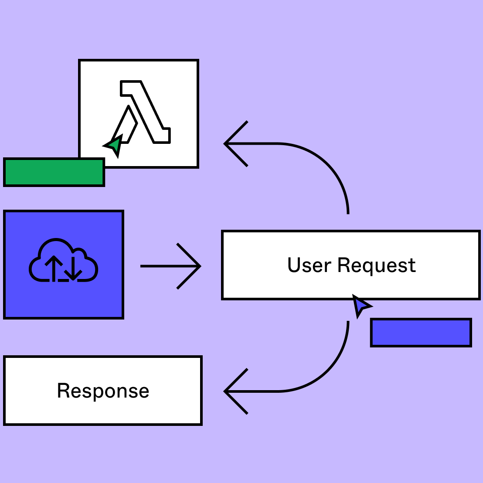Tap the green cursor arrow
tap(114, 146)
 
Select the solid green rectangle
tap(54, 172)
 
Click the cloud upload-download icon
tap(64, 262)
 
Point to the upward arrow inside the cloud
tap(54, 268)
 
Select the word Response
tap(103, 391)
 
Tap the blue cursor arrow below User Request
tap(360, 306)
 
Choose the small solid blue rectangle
tap(421, 333)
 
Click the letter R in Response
tap(64, 391)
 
